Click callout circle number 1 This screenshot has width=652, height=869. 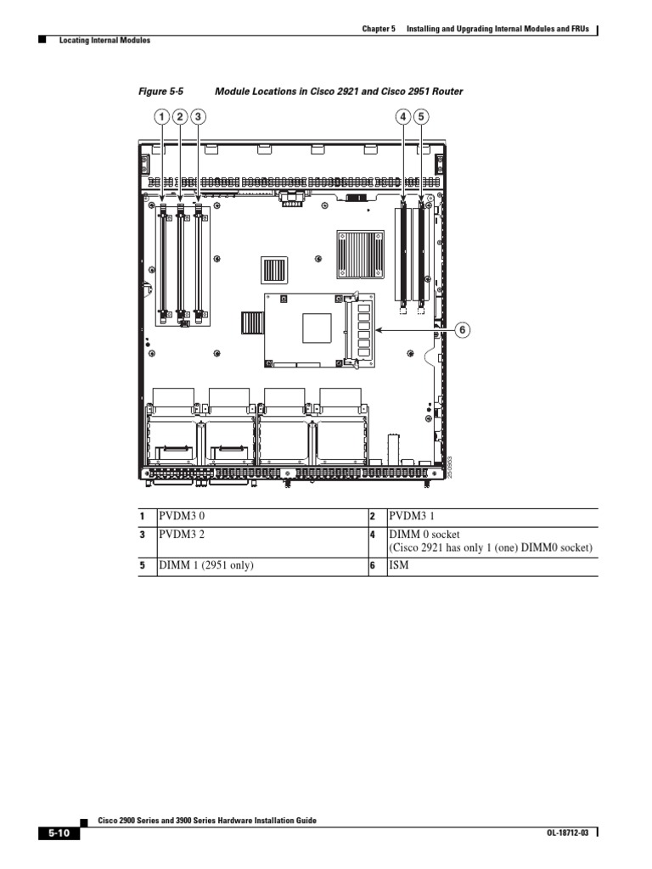point(161,117)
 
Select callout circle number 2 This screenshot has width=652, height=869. point(180,117)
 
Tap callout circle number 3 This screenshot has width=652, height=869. point(198,117)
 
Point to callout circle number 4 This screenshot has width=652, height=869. point(404,117)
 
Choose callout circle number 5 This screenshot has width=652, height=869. point(422,117)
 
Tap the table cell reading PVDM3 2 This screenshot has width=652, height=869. point(182,535)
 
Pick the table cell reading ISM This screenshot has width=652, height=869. point(397,566)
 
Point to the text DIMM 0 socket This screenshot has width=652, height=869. point(424,535)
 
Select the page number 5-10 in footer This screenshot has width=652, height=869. point(59,834)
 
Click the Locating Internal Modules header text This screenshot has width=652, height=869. point(104,40)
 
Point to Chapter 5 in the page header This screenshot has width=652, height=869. point(379,29)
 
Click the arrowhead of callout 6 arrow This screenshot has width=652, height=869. point(378,330)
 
